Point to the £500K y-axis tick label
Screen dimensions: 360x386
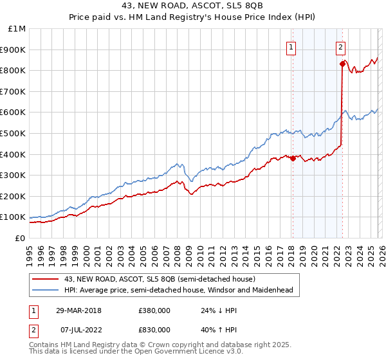tap(14, 134)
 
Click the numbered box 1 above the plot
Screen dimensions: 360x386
tap(291, 46)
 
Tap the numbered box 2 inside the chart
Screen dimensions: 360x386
tap(340, 46)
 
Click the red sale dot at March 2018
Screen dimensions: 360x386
tap(293, 158)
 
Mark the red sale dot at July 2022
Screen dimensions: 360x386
tap(342, 64)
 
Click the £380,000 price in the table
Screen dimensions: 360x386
tap(154, 310)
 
